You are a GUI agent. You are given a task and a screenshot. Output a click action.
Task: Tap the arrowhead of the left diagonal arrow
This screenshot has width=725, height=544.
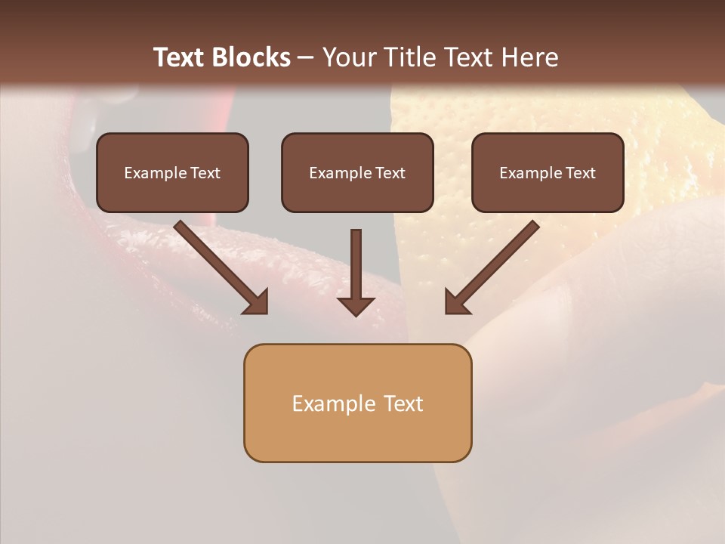pyautogui.click(x=257, y=301)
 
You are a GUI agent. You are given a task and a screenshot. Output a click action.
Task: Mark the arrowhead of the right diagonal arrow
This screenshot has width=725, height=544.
pyautogui.click(x=457, y=301)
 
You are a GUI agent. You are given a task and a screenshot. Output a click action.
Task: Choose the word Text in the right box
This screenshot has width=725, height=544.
pyautogui.click(x=580, y=173)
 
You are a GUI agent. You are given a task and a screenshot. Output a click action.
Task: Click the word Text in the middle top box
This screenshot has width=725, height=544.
pyautogui.click(x=390, y=173)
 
